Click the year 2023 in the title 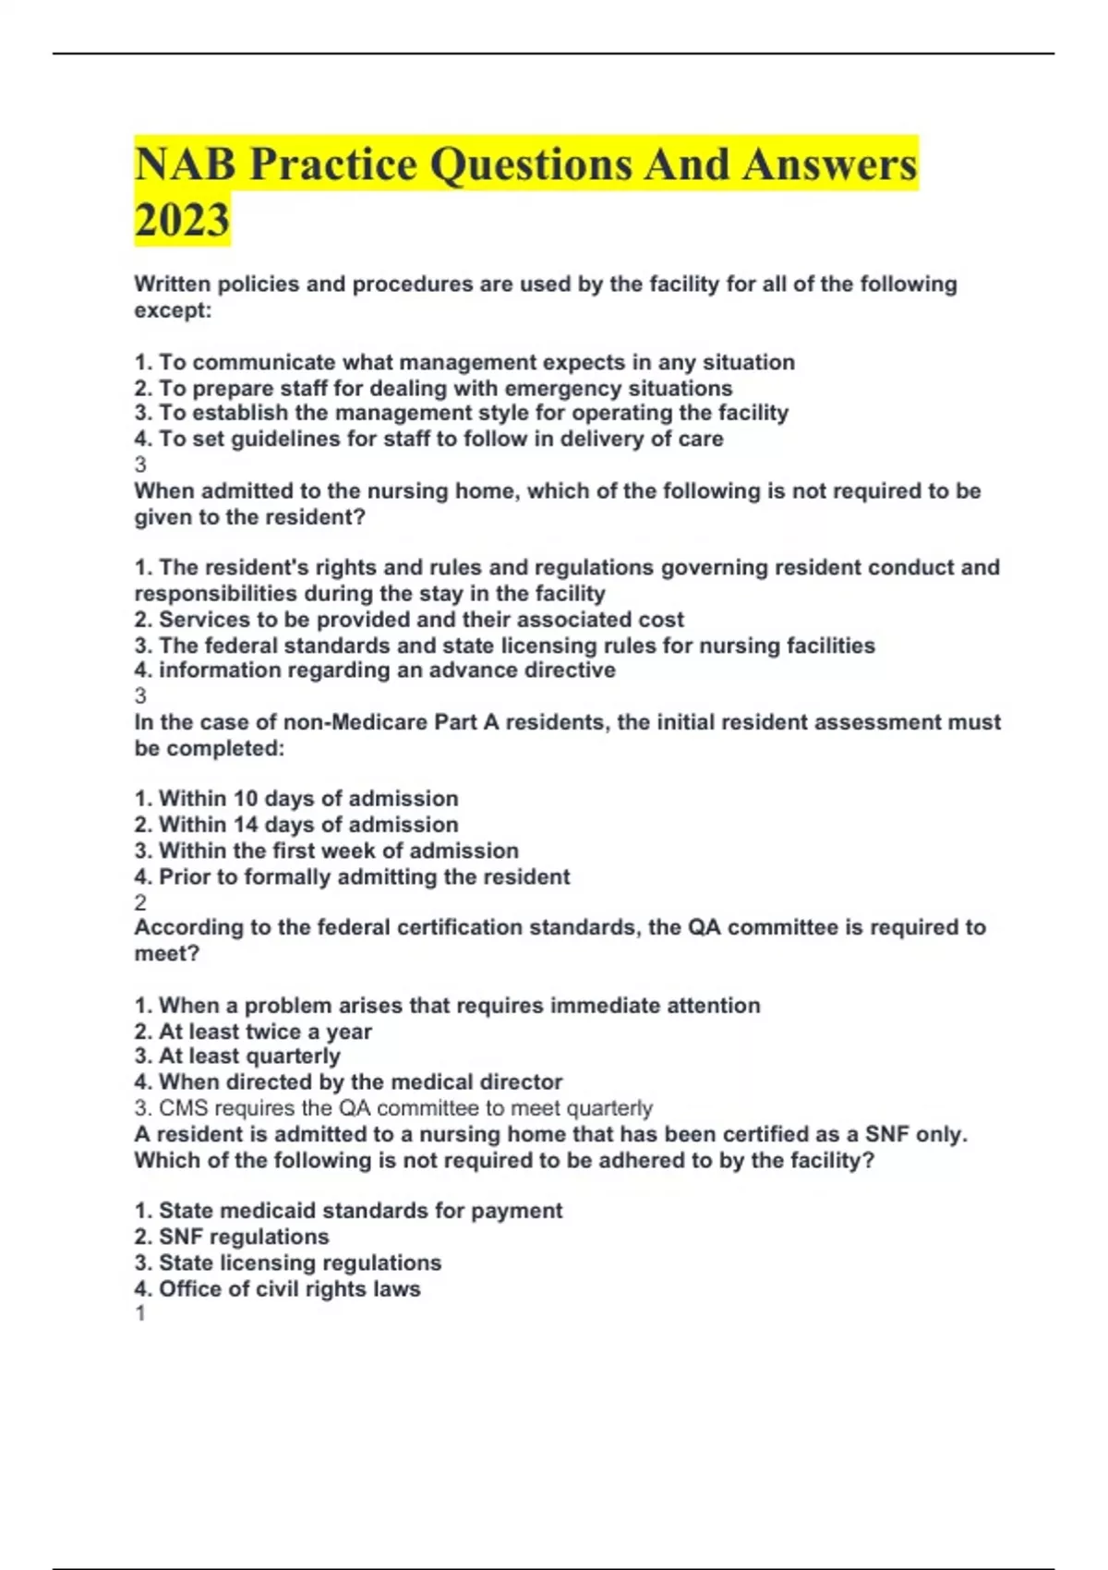pos(182,220)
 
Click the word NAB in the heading pos(184,164)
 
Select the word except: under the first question pos(173,310)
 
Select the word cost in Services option pos(661,619)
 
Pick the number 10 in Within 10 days pos(246,799)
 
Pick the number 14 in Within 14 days pos(246,825)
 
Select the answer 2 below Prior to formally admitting pos(140,902)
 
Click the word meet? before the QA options pos(167,953)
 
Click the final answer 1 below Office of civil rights pos(140,1313)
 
